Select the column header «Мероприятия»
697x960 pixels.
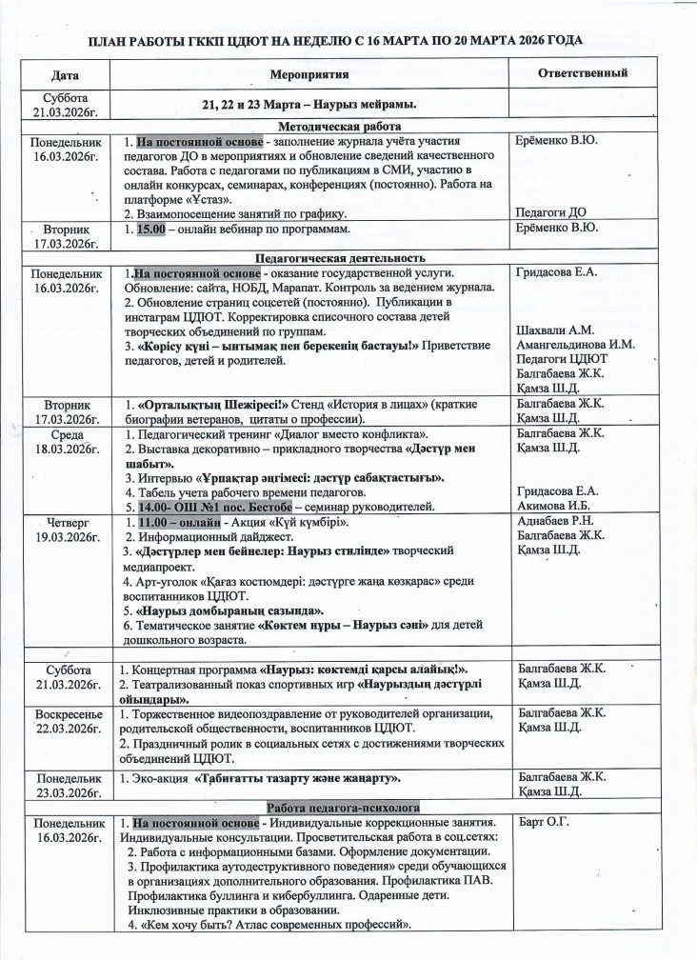(309, 73)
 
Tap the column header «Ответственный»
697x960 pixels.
(582, 73)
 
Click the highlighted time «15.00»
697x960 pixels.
(149, 228)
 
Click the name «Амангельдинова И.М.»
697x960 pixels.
(575, 345)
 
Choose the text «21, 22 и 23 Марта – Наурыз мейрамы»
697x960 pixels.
(309, 103)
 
